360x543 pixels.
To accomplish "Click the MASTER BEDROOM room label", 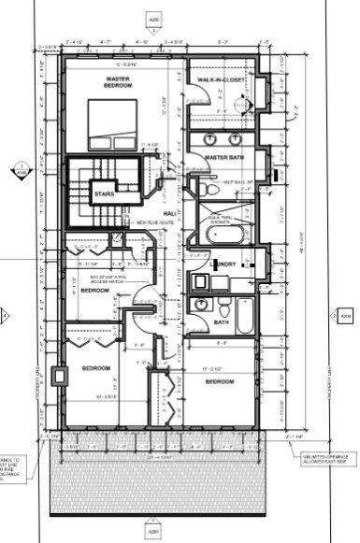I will pos(119,82).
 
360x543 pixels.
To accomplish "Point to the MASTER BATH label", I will pos(224,157).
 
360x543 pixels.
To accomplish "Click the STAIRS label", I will pos(104,193).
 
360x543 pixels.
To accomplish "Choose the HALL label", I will pos(170,215).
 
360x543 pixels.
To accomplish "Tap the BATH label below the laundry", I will pos(221,322).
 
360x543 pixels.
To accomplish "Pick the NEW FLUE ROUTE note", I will pos(154,223).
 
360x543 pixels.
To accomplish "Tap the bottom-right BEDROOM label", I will pos(219,382).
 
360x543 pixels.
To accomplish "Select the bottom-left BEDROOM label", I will pos(96,368).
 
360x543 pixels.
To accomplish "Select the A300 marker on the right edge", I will pos(345,318).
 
